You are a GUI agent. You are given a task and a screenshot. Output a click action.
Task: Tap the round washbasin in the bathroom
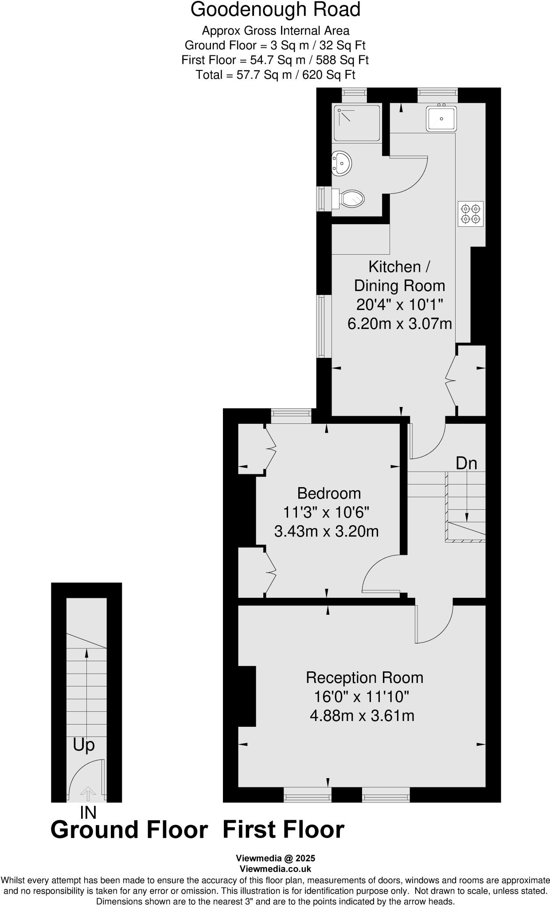tap(342, 163)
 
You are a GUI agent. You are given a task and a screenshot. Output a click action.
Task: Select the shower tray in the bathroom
tap(357, 123)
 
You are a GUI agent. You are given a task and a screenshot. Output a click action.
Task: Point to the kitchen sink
tap(441, 119)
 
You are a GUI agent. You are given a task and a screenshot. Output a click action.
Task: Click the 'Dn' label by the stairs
tap(466, 463)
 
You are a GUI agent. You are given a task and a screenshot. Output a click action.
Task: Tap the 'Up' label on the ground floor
tap(84, 745)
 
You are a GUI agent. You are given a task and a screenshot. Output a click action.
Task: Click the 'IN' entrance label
tap(88, 813)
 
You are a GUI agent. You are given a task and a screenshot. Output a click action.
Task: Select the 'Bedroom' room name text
tap(329, 493)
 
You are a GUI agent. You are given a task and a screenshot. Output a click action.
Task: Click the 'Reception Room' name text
tap(364, 678)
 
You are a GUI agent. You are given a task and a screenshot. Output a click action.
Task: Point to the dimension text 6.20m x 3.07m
tap(399, 324)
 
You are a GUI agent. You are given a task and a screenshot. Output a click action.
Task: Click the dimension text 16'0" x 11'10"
tap(361, 697)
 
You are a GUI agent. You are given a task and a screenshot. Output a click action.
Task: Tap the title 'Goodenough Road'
tap(275, 10)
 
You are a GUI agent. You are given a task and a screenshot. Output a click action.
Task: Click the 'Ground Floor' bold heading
tap(129, 830)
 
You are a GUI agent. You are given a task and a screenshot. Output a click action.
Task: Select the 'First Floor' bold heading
tap(283, 830)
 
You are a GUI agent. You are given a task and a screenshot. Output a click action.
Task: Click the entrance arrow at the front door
tap(88, 793)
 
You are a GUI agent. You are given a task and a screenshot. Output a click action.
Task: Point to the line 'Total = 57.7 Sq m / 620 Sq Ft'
tap(275, 75)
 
